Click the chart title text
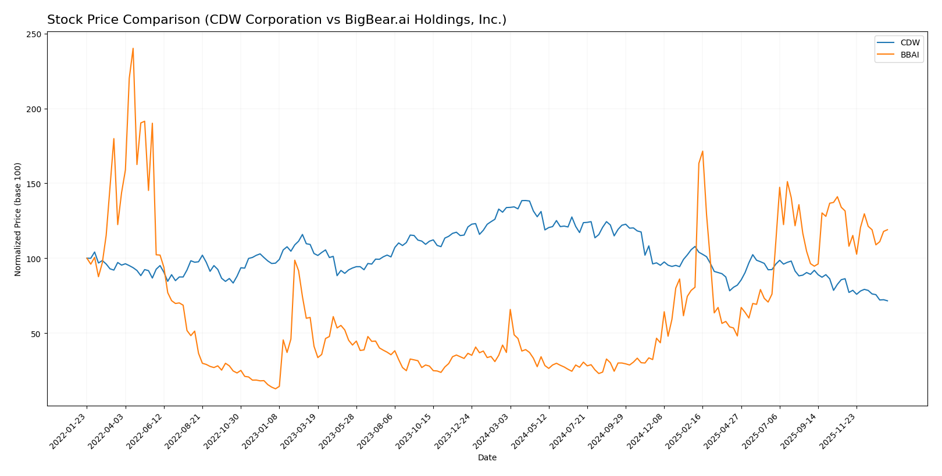click(x=277, y=20)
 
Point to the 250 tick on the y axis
click(x=34, y=34)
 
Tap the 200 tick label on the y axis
click(x=34, y=109)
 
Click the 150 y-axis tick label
click(x=34, y=184)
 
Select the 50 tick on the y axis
click(x=37, y=334)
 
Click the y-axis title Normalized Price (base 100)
click(x=18, y=219)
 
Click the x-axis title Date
click(x=487, y=457)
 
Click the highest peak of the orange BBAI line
click(x=133, y=48)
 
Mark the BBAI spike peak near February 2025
click(x=702, y=151)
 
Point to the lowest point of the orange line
click(x=275, y=388)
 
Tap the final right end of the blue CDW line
click(x=887, y=300)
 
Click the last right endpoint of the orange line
click(x=887, y=230)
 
